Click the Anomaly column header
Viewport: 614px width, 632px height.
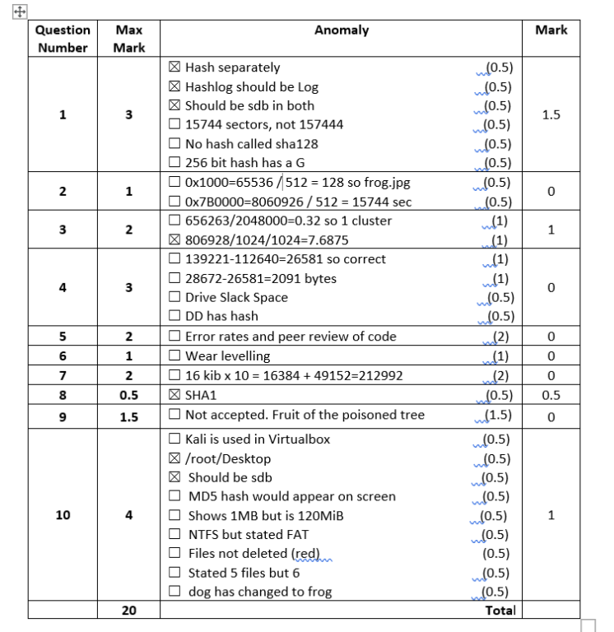pyautogui.click(x=342, y=30)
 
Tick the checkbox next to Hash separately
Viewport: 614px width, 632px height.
pyautogui.click(x=174, y=67)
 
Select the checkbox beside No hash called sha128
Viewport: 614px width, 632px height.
pyautogui.click(x=174, y=143)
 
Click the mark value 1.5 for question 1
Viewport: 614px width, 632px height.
pyautogui.click(x=551, y=115)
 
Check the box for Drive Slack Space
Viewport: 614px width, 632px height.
pyautogui.click(x=174, y=297)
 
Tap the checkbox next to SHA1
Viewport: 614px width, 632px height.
pyautogui.click(x=174, y=396)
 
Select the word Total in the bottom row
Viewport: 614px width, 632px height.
pyautogui.click(x=500, y=610)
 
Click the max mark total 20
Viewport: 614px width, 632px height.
pyautogui.click(x=128, y=610)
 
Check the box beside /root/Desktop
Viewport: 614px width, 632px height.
pyautogui.click(x=174, y=458)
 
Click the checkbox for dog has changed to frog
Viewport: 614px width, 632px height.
pyautogui.click(x=174, y=591)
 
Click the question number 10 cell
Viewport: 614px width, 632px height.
pyautogui.click(x=63, y=515)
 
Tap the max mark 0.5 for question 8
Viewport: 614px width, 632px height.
pyautogui.click(x=128, y=396)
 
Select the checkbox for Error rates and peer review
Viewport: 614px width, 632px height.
pyautogui.click(x=174, y=336)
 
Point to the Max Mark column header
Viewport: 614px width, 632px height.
pyautogui.click(x=128, y=39)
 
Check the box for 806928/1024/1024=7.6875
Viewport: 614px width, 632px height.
pyautogui.click(x=174, y=239)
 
